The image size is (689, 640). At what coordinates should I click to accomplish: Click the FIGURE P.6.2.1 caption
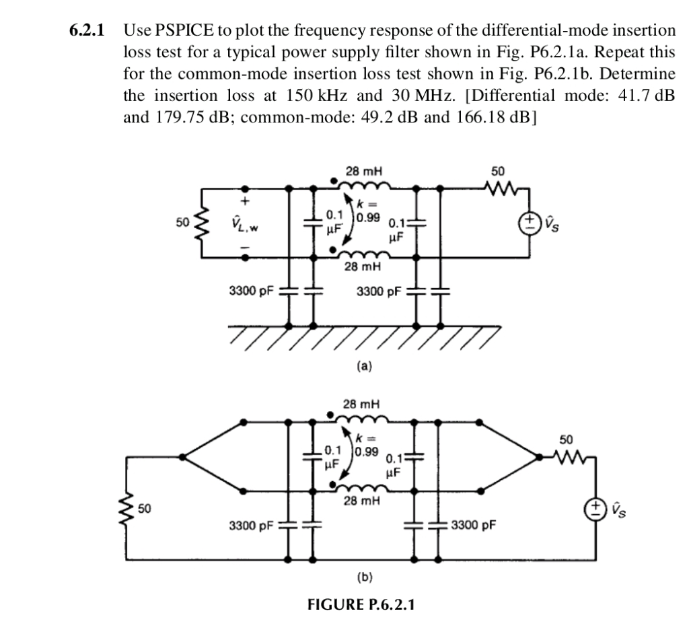pos(361,603)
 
